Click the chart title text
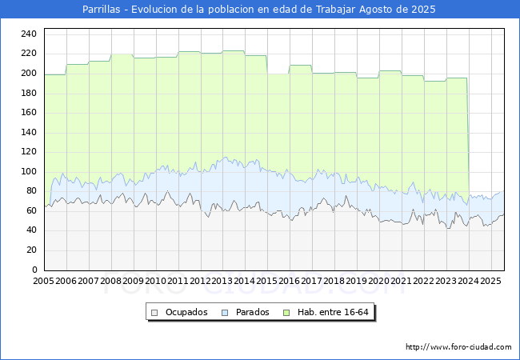[x=259, y=10]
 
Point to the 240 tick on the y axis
[x=28, y=34]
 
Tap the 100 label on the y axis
[x=28, y=171]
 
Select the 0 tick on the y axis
[x=33, y=270]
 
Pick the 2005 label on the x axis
[x=43, y=282]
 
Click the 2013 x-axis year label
[x=222, y=282]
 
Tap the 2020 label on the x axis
[x=379, y=282]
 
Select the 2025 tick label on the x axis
[x=490, y=282]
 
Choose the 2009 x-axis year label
[x=133, y=282]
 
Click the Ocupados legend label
[x=186, y=312]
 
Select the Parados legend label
[x=252, y=312]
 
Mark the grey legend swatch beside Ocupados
[x=155, y=312]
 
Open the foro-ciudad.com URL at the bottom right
[x=458, y=346]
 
